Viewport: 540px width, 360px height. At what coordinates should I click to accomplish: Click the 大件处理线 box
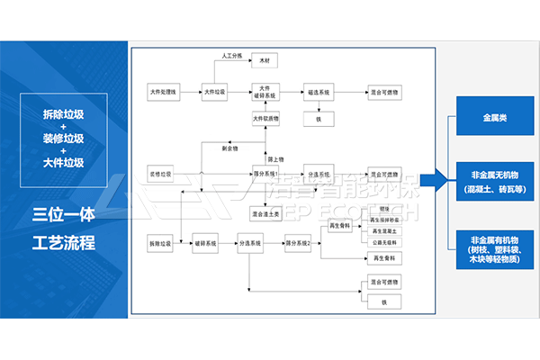point(165,93)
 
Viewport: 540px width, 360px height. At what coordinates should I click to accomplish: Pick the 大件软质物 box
point(266,119)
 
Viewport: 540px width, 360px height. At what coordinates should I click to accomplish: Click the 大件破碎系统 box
point(266,93)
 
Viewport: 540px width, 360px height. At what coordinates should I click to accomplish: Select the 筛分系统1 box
point(266,173)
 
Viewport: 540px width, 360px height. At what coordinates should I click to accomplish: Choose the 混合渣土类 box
point(266,213)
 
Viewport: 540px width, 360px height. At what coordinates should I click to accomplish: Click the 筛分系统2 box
point(297,243)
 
